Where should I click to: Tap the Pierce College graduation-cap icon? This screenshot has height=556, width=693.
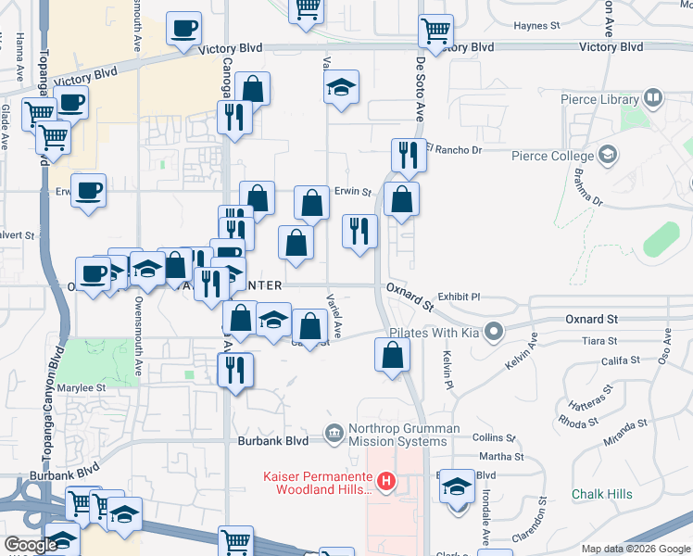pyautogui.click(x=609, y=154)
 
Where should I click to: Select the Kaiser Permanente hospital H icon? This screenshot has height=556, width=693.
pyautogui.click(x=386, y=481)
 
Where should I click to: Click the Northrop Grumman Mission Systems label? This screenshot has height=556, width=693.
pyautogui.click(x=403, y=435)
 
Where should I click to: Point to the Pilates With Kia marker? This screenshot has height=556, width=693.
pyautogui.click(x=495, y=331)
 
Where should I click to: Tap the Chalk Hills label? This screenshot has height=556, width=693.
pyautogui.click(x=602, y=494)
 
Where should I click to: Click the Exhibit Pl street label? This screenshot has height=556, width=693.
pyautogui.click(x=460, y=297)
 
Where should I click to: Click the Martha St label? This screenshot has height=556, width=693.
pyautogui.click(x=501, y=457)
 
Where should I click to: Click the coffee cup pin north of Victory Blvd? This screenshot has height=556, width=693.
pyautogui.click(x=184, y=27)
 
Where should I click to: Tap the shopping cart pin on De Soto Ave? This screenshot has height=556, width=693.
pyautogui.click(x=435, y=31)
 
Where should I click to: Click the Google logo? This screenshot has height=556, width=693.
pyautogui.click(x=31, y=545)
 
